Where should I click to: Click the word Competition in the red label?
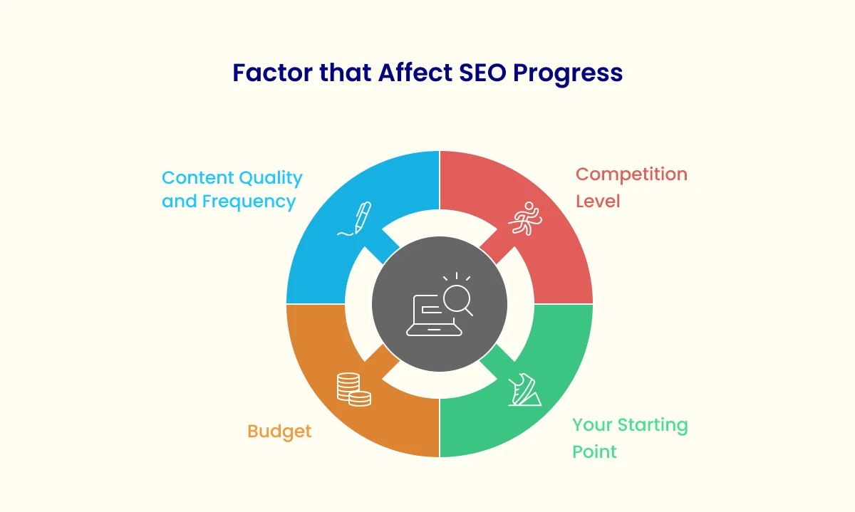pos(632,175)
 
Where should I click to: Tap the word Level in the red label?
pos(598,201)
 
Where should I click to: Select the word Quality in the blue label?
pos(271,179)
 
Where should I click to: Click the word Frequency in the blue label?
pos(249,202)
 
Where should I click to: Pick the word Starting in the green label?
pos(653,426)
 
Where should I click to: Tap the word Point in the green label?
pos(594,451)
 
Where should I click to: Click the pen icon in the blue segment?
pos(354,219)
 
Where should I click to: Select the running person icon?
pos(525,218)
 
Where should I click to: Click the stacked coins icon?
pos(354,389)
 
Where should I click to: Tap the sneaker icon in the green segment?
pos(525,390)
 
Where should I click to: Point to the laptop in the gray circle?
pos(434,316)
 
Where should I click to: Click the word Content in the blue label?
pos(198,178)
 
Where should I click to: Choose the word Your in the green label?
pos(592,425)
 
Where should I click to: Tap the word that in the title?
pos(346,73)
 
